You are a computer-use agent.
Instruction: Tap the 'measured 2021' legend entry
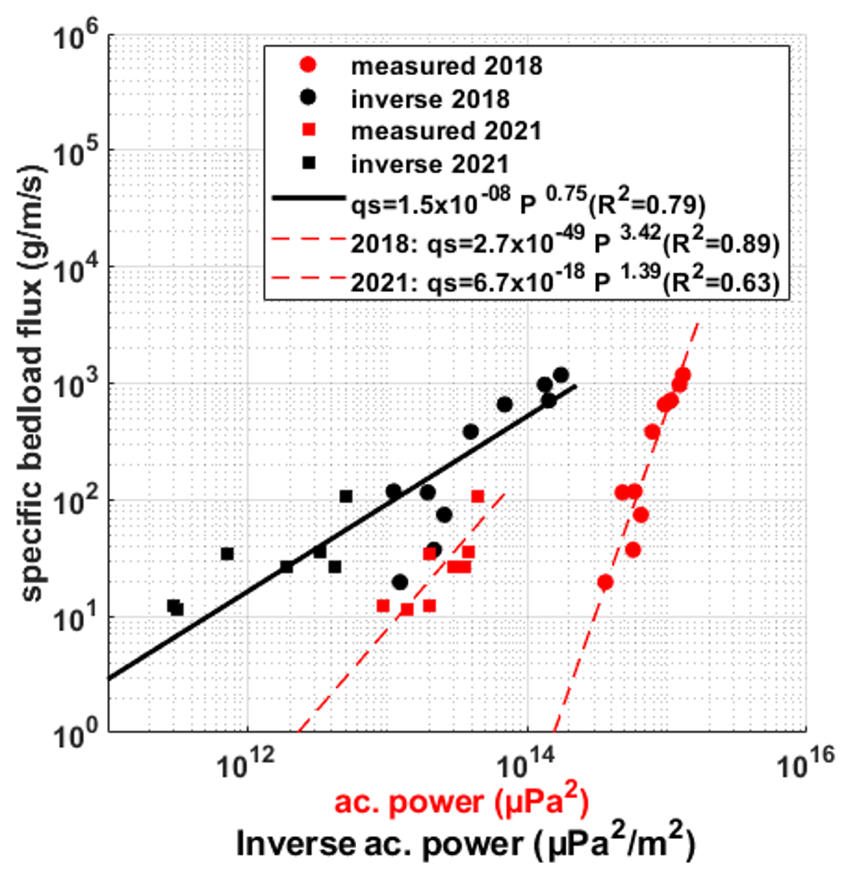pyautogui.click(x=446, y=131)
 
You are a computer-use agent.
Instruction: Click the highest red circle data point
pyautogui.click(x=682, y=376)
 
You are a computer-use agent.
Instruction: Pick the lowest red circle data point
pyautogui.click(x=605, y=582)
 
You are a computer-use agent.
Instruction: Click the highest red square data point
pyautogui.click(x=477, y=497)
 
